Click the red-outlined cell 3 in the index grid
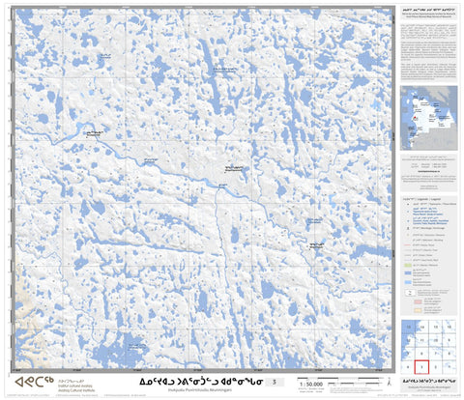point(421,367)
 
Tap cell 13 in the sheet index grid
point(407,328)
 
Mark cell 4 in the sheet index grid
point(407,367)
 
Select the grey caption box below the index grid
point(430,383)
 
